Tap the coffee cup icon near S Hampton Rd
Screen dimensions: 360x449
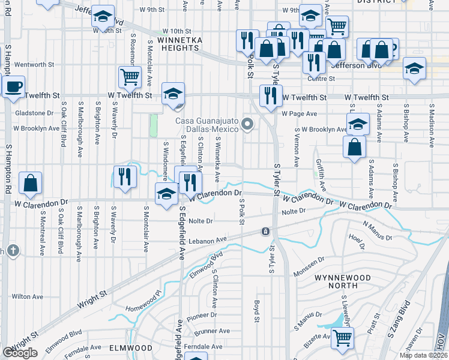13,86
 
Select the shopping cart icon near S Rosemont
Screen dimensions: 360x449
130,77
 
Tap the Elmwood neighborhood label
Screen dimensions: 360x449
130,347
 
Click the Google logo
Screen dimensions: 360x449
20,353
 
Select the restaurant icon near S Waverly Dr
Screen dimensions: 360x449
124,176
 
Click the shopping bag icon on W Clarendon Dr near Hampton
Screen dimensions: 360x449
30,182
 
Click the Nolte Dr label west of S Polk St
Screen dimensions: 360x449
200,221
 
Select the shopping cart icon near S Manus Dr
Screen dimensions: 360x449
342,337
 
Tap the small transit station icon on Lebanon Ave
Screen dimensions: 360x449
265,231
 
